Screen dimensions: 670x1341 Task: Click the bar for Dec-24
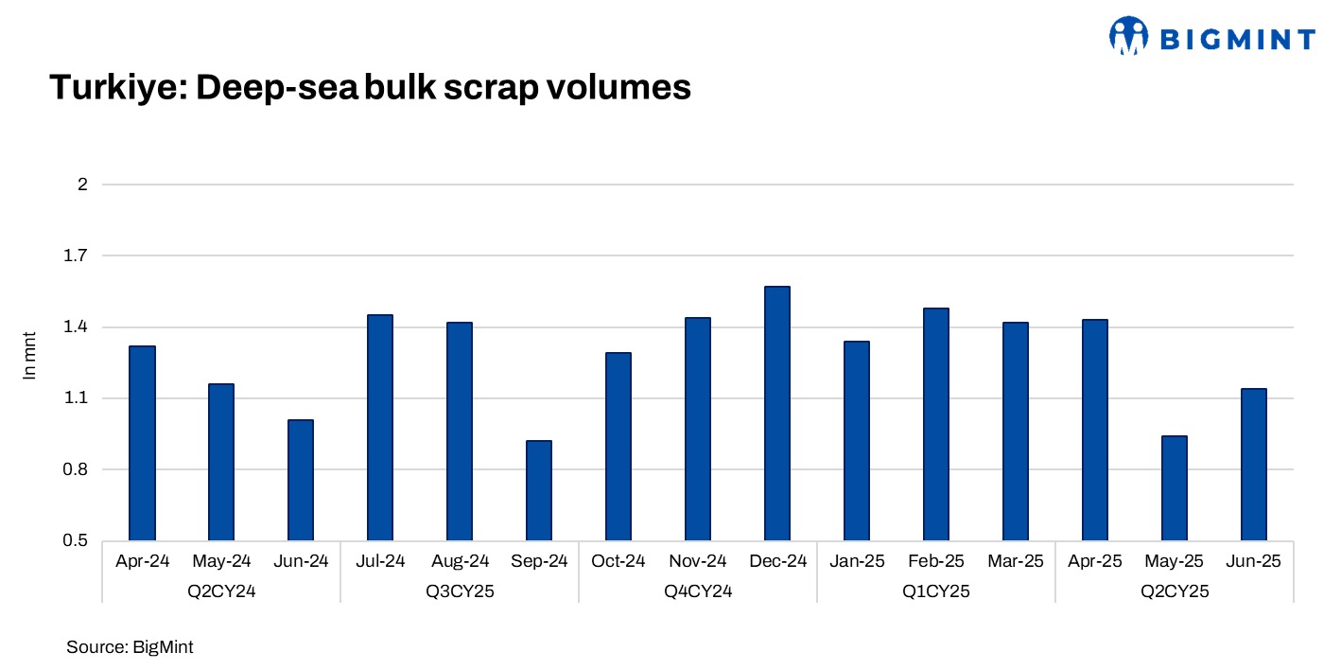tap(776, 414)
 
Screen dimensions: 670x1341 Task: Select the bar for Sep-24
tap(538, 491)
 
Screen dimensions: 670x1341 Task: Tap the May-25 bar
tap(1174, 488)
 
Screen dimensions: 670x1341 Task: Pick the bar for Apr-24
tap(142, 444)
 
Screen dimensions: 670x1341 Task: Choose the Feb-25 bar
tap(935, 425)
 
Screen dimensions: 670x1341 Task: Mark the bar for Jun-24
tap(301, 481)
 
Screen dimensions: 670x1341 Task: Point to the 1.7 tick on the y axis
tap(76, 256)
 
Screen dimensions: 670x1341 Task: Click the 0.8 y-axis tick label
tap(76, 470)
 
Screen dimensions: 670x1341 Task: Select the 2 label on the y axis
tap(82, 185)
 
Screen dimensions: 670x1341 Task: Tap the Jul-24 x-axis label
tap(380, 561)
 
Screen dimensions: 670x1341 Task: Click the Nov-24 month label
tap(698, 561)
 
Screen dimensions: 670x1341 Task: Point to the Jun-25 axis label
tap(1254, 561)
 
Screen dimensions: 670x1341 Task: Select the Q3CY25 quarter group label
tap(460, 592)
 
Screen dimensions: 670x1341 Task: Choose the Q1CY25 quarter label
tap(935, 592)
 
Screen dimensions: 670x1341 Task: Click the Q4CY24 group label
tap(698, 592)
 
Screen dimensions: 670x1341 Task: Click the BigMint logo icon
tap(1128, 36)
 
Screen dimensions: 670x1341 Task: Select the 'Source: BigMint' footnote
tap(130, 647)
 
